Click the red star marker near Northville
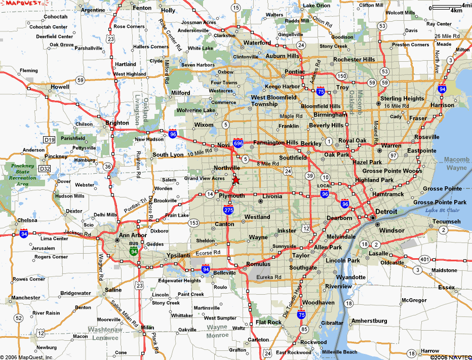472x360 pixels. [x=235, y=180]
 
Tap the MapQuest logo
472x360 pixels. [x=19, y=4]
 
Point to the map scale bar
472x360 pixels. [x=448, y=7]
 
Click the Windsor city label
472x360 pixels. [x=392, y=230]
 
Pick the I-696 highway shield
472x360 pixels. [x=238, y=144]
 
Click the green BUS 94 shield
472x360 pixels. [x=133, y=250]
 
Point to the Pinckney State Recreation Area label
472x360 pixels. [x=22, y=175]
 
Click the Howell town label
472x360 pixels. [x=60, y=87]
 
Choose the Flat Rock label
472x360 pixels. [x=268, y=322]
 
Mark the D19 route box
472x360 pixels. [x=49, y=139]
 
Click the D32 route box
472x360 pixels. [x=45, y=168]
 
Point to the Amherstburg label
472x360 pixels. [x=369, y=321]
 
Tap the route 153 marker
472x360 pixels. [x=193, y=223]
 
